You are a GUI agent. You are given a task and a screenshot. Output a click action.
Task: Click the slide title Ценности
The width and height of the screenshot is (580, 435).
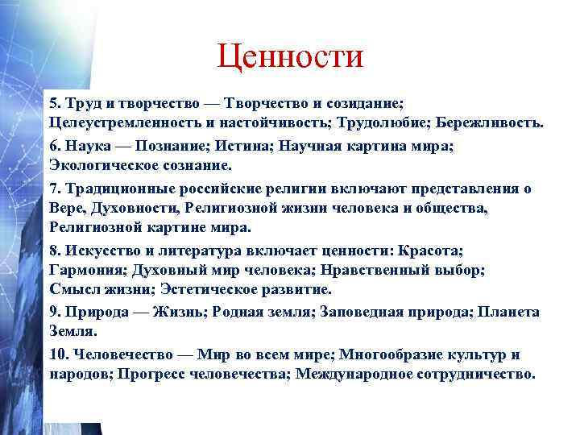coord(290,57)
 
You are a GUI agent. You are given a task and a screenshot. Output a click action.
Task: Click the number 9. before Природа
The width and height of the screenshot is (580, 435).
coord(55,312)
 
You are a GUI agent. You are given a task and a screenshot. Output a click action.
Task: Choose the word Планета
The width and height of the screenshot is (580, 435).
coord(508,312)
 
